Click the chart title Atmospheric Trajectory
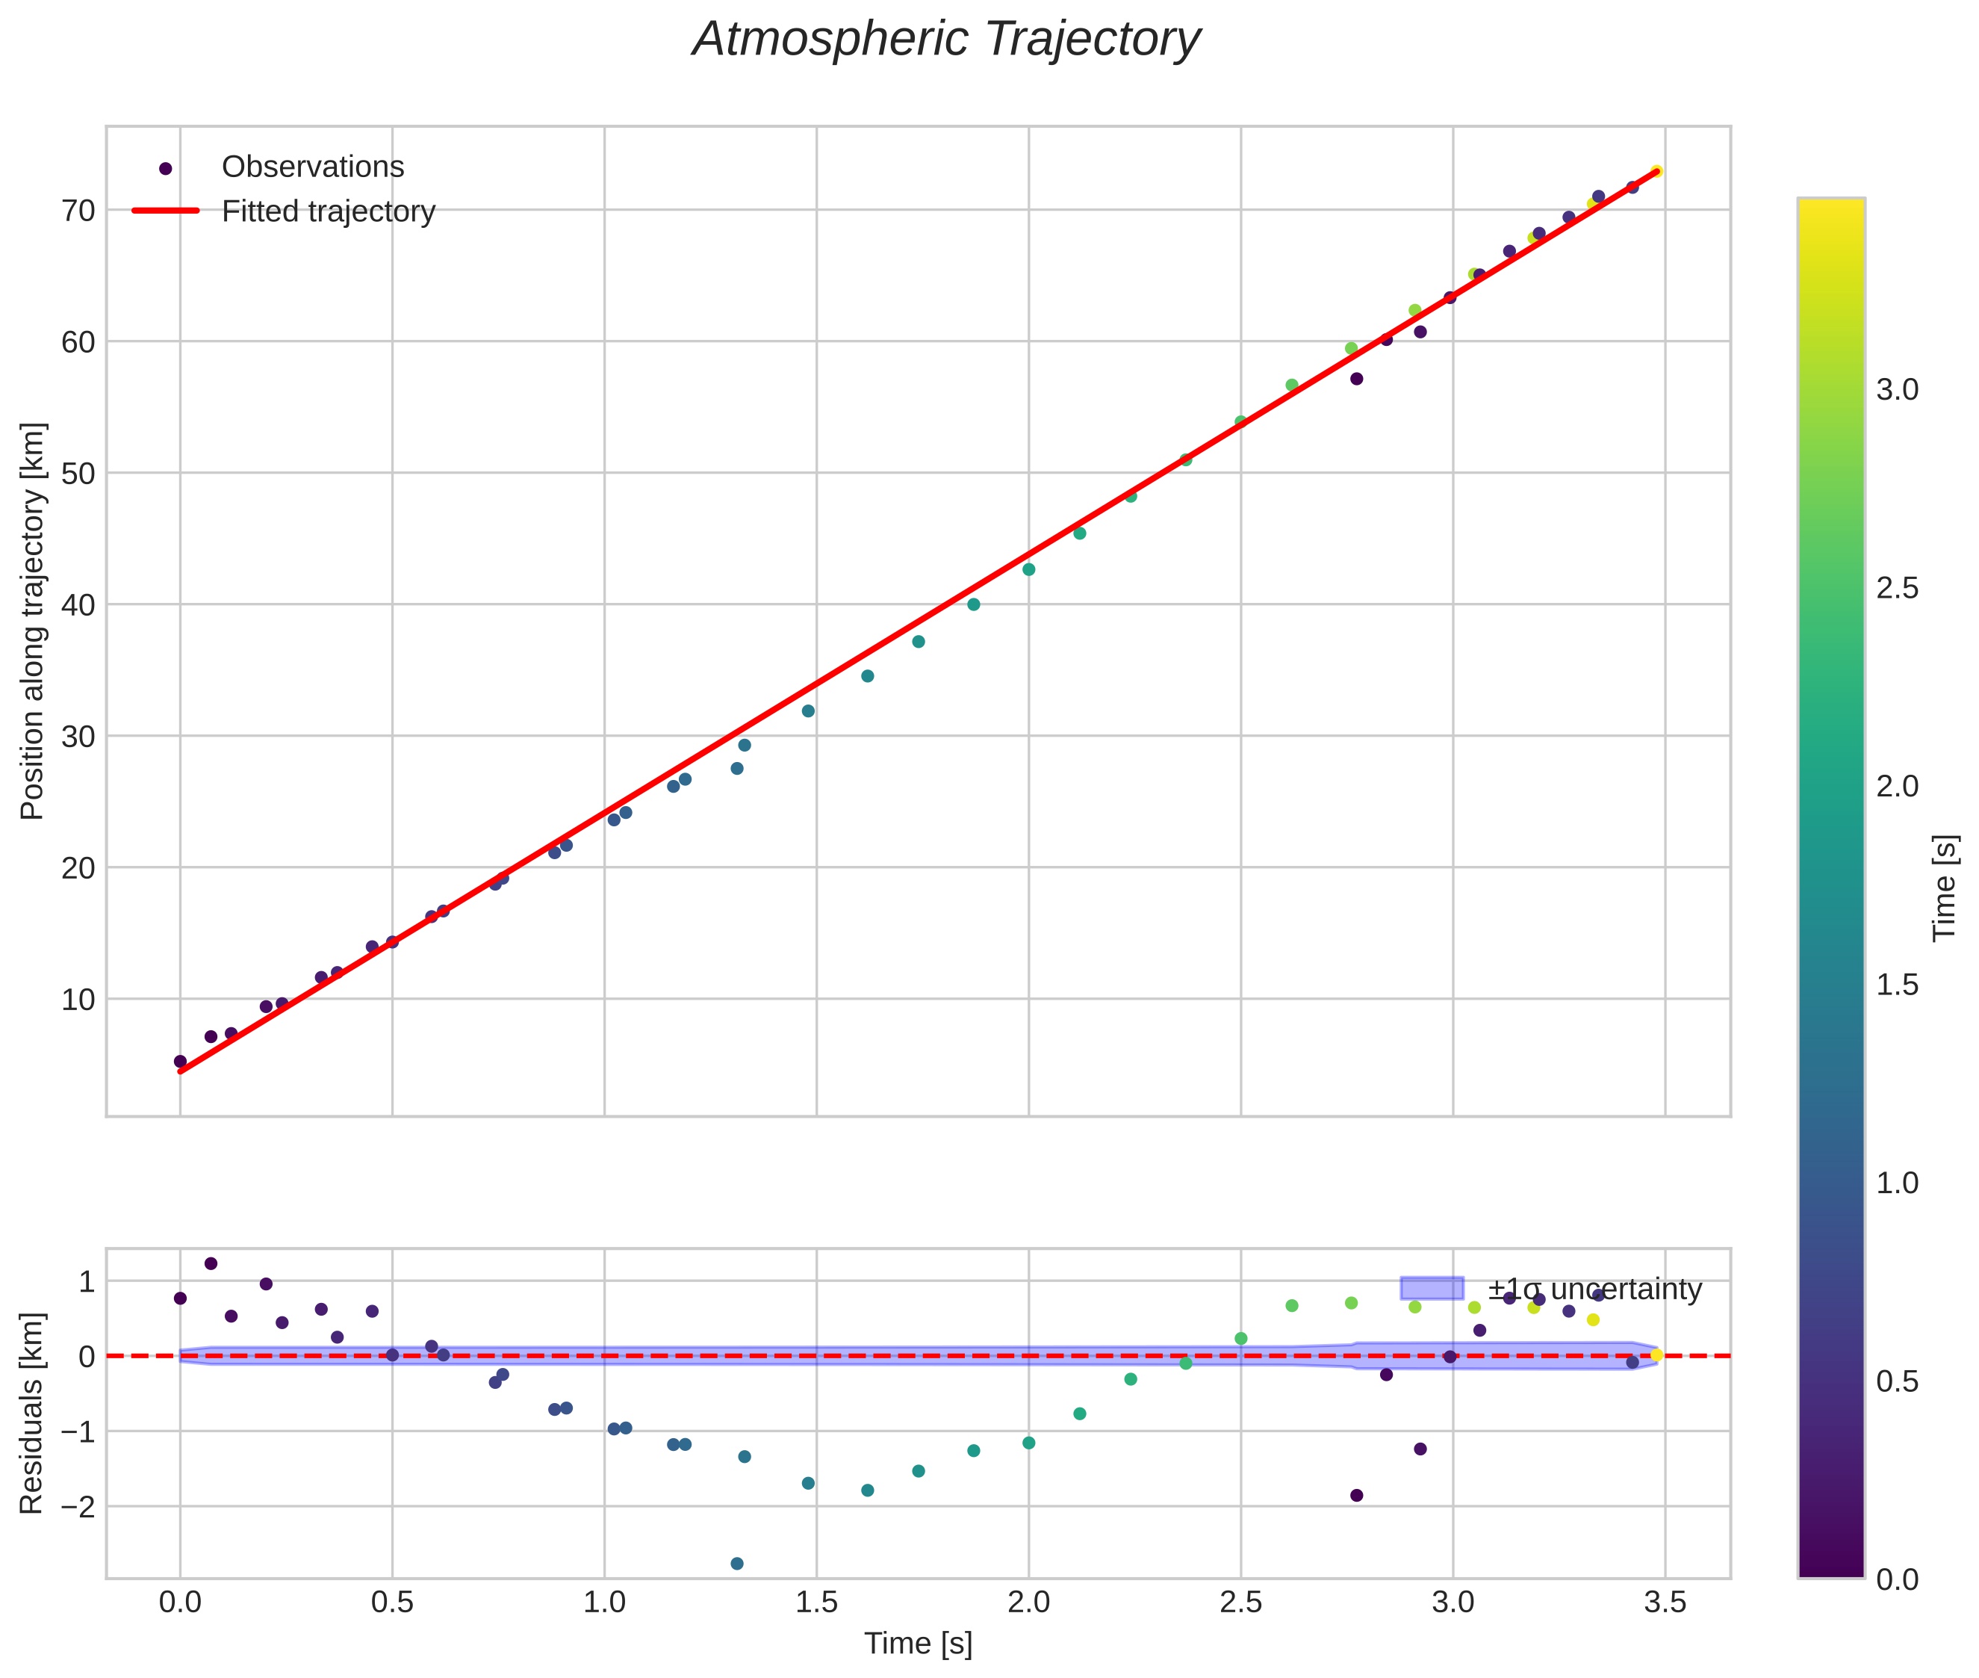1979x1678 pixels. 946,40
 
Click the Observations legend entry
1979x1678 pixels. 312,167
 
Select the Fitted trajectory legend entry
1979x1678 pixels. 327,211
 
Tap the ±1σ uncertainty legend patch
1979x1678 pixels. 1432,1288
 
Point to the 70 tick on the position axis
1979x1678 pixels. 79,210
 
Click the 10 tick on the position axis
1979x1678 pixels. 79,1000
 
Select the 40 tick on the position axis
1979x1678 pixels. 79,605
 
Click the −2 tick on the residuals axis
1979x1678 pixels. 75,1507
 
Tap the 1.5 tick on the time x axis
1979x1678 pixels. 816,1603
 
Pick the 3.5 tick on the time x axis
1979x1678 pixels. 1664,1603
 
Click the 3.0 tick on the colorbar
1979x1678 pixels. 1897,390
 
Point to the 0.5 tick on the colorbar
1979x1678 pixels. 1897,1381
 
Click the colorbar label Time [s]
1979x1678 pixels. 1945,888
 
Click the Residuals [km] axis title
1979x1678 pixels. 32,1413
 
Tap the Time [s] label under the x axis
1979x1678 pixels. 918,1644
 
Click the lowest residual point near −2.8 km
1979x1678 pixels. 736,1564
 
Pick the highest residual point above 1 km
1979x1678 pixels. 211,1263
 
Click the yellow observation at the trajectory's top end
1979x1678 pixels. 1656,172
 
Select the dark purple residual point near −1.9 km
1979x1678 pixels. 1356,1496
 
